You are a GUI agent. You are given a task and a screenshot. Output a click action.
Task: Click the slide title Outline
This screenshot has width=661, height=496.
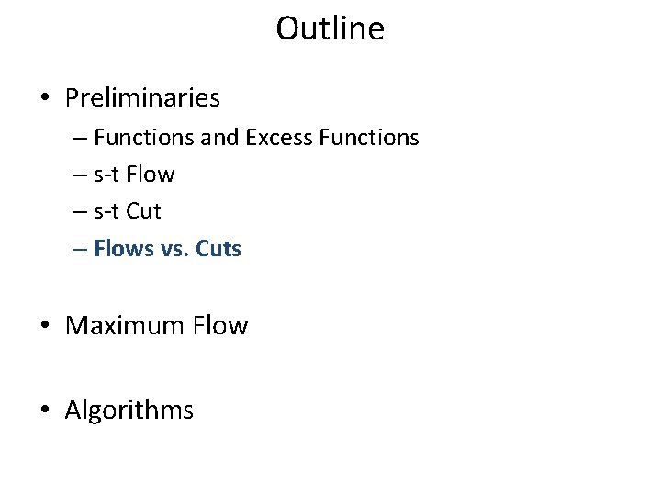[x=330, y=29]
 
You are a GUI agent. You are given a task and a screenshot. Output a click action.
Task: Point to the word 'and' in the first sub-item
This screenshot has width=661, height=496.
[x=218, y=138]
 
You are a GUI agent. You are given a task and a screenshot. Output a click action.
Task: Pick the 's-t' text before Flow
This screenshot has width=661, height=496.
[x=109, y=175]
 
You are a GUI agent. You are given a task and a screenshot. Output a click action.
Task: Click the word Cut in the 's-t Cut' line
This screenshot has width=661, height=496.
[x=145, y=211]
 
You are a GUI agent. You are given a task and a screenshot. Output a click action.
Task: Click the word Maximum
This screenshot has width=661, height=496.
[x=125, y=325]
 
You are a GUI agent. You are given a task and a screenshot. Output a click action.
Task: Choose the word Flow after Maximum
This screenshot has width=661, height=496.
[x=220, y=325]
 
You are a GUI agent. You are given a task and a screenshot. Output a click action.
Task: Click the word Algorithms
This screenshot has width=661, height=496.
[x=129, y=410]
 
